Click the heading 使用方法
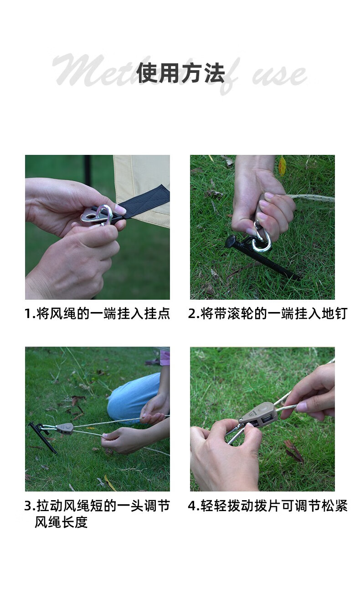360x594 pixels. pos(180,73)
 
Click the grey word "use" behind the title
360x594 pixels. pos(279,75)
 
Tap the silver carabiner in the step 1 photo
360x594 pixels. pos(104,215)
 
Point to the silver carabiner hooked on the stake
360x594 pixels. pos(261,239)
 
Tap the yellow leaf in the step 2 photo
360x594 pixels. pos(282,165)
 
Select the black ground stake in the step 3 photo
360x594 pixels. pos(42,437)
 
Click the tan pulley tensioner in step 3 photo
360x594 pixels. pos(65,429)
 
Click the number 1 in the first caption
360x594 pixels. pos(28,314)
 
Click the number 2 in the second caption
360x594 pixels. pos(192,314)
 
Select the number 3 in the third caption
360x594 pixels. pos(28,506)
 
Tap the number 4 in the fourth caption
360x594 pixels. pos(192,506)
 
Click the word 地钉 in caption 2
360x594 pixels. pos(334,314)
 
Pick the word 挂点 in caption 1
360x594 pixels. pos(157,314)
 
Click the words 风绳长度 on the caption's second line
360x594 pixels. pos(61,522)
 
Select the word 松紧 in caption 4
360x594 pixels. pos(334,506)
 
